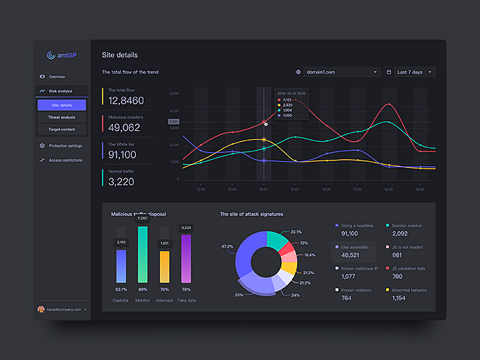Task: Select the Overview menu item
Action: (x=56, y=76)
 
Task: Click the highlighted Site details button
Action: (x=62, y=105)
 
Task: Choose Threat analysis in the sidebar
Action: (x=62, y=117)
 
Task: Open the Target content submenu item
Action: (x=62, y=129)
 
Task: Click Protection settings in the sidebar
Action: (x=65, y=145)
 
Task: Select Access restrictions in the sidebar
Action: (x=65, y=160)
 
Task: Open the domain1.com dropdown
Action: (x=337, y=72)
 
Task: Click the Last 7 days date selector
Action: (x=410, y=72)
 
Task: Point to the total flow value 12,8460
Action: (x=126, y=101)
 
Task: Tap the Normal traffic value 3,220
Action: (x=121, y=182)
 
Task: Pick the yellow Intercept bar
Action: (x=165, y=266)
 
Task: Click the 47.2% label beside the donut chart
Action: (x=226, y=246)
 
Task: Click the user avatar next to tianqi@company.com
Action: (x=41, y=309)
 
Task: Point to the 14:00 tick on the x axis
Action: (x=263, y=189)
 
